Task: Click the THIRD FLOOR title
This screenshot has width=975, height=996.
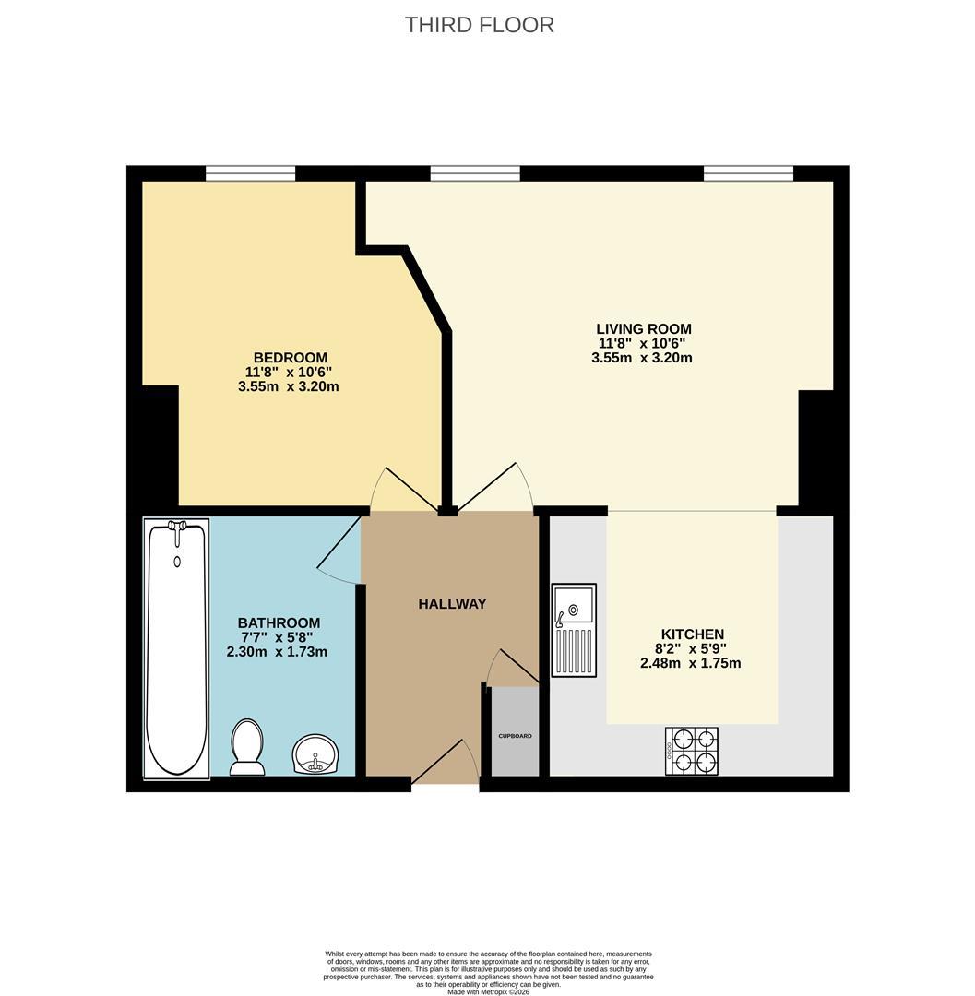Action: tap(480, 25)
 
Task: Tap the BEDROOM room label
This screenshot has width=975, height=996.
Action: tap(291, 358)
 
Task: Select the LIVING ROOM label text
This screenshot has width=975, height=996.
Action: tap(644, 329)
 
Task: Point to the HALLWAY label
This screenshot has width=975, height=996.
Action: tap(452, 603)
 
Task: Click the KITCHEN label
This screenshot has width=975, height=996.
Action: tap(693, 634)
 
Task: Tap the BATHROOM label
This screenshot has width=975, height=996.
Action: tap(279, 622)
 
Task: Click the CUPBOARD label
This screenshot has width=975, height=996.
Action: tap(515, 736)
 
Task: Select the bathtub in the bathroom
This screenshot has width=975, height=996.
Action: tap(176, 648)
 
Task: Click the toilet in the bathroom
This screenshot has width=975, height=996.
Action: tap(247, 747)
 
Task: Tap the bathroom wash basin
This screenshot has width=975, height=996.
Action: tap(315, 754)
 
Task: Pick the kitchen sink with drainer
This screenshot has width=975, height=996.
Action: tap(574, 630)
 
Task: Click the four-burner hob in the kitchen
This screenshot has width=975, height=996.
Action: tap(692, 751)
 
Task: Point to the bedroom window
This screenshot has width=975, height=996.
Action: tap(250, 172)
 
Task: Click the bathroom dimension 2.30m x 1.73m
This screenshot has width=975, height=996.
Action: tap(277, 652)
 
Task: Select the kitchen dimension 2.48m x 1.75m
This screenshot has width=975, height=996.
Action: tap(691, 663)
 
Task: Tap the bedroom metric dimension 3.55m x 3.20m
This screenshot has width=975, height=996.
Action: tap(289, 386)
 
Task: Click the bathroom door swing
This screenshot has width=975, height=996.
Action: tap(339, 550)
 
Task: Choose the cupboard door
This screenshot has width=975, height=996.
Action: tap(512, 667)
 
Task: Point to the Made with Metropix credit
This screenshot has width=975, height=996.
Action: tap(488, 990)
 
